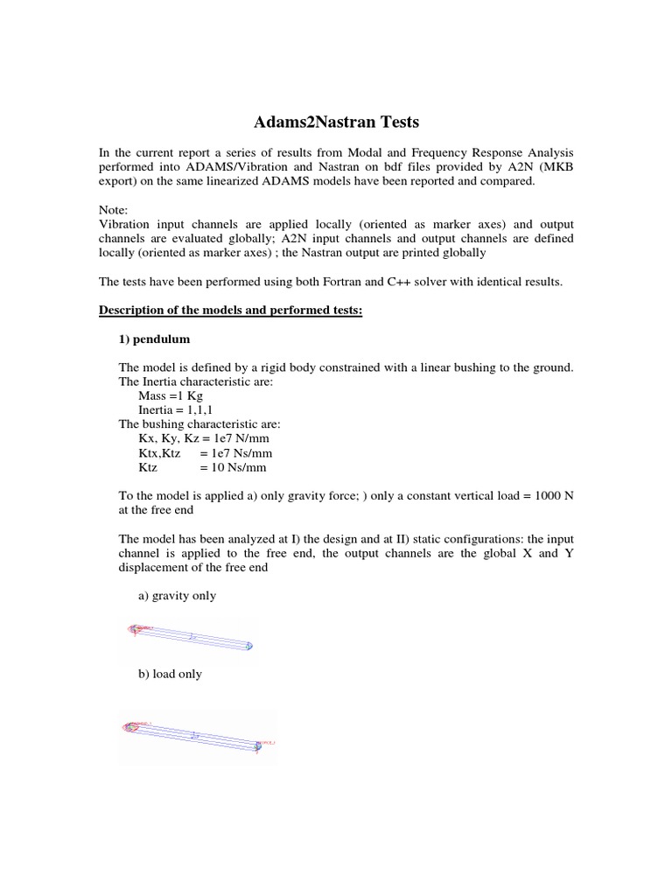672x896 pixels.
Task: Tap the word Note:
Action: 113,211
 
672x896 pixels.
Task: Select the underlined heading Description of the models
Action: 230,311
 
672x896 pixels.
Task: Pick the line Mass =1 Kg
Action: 171,395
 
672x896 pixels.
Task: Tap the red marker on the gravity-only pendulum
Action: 135,628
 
